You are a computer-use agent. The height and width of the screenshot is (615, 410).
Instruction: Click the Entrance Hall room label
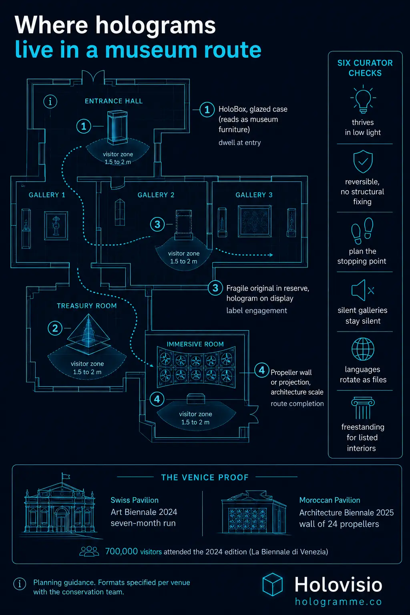click(x=114, y=101)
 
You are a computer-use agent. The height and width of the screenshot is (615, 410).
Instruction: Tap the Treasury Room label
click(x=87, y=306)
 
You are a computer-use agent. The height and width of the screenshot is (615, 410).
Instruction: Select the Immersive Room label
click(x=195, y=344)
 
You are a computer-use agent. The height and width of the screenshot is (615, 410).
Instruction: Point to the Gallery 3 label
click(x=254, y=195)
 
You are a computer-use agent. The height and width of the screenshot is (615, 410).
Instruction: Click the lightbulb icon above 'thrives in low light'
click(x=363, y=99)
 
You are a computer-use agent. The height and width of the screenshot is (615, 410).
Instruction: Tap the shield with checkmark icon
click(x=363, y=161)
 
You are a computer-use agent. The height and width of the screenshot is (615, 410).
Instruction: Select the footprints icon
click(x=362, y=231)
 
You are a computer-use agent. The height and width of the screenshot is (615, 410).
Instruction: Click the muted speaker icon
click(x=362, y=290)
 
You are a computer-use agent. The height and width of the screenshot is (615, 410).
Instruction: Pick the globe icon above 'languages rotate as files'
click(x=363, y=349)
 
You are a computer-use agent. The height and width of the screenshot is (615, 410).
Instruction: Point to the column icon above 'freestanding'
click(x=363, y=408)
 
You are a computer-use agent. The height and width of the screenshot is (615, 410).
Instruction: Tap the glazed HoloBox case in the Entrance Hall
click(x=117, y=127)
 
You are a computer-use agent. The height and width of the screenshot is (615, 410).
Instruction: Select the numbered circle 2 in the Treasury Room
click(x=55, y=328)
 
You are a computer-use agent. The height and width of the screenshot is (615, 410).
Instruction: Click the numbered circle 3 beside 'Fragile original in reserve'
click(x=215, y=288)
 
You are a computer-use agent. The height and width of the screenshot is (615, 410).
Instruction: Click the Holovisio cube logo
click(x=272, y=585)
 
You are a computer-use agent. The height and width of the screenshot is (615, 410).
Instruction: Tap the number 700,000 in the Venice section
click(x=121, y=551)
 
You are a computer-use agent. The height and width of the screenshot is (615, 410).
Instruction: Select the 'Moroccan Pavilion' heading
click(x=330, y=500)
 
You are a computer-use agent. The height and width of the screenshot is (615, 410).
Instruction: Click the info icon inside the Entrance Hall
click(x=50, y=102)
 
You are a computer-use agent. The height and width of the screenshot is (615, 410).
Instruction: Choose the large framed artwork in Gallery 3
click(x=255, y=221)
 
